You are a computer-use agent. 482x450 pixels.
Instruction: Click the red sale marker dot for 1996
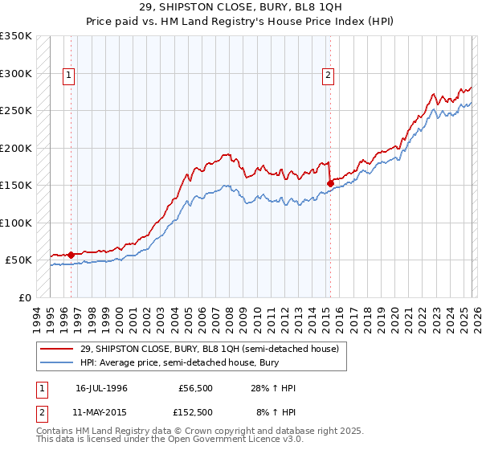click(71, 255)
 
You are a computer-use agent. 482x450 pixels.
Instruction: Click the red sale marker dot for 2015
click(330, 183)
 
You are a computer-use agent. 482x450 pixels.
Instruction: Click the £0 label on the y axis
click(25, 297)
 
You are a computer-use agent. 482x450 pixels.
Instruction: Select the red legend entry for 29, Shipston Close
click(210, 349)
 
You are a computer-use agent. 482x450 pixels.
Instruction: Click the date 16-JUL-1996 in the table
click(101, 388)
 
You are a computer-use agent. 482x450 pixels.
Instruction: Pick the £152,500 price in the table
click(195, 411)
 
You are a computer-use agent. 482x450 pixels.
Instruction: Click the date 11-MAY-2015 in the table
click(101, 411)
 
